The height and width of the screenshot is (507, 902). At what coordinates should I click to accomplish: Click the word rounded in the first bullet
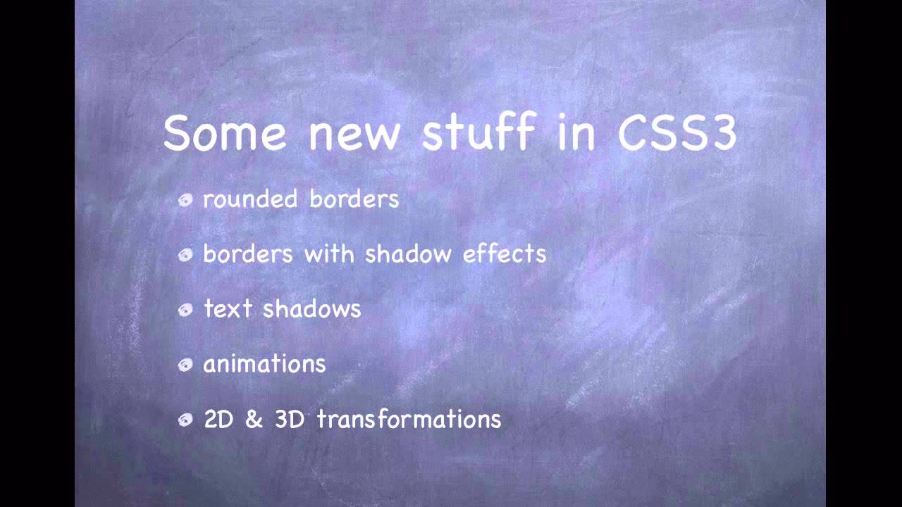click(249, 199)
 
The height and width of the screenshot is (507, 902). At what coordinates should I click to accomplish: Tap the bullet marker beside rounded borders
click(185, 201)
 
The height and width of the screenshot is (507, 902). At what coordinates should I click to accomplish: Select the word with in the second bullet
click(329, 254)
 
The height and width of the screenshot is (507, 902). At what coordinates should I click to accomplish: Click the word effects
click(505, 254)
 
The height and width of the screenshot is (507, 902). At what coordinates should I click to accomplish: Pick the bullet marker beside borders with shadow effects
click(185, 255)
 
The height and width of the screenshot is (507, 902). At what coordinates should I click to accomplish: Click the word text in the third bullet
click(227, 309)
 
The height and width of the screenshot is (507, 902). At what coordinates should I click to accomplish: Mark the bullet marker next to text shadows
click(185, 310)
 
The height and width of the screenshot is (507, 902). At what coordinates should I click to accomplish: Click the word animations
click(264, 364)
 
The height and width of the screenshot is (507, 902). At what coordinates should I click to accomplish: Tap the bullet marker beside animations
click(185, 365)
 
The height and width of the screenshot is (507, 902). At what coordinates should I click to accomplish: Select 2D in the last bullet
click(218, 420)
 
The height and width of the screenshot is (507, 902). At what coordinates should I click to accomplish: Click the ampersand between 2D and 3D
click(254, 420)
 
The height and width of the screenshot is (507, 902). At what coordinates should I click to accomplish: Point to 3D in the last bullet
click(290, 420)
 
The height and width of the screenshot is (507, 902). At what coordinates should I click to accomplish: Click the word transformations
click(409, 420)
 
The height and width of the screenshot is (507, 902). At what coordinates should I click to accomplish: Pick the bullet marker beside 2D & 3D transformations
click(185, 420)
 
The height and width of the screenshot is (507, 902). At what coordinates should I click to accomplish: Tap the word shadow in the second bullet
click(407, 254)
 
